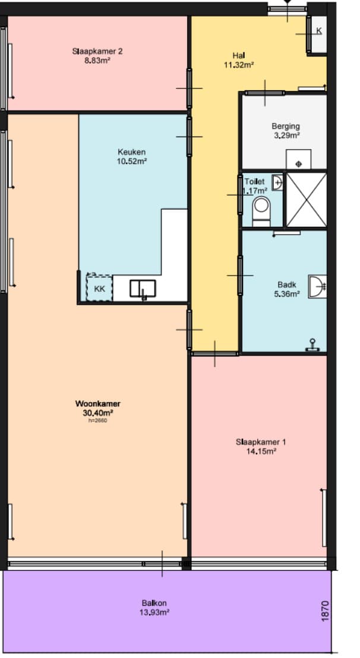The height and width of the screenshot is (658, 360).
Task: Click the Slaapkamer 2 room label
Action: click(97, 52)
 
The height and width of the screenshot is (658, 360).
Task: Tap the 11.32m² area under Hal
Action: click(239, 65)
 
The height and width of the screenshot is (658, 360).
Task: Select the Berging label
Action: click(286, 126)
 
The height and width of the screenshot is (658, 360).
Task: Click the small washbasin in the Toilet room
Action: click(277, 182)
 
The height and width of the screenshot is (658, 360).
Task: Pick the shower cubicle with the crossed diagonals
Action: click(307, 200)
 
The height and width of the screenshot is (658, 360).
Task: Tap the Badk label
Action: click(286, 284)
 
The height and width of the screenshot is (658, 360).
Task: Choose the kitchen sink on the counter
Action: click(143, 289)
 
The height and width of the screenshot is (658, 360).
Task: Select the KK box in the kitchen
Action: click(99, 288)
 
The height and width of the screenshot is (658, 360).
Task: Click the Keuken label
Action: click(132, 152)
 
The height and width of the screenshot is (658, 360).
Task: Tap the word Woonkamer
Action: click(98, 404)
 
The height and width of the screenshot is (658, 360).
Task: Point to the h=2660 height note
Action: click(98, 420)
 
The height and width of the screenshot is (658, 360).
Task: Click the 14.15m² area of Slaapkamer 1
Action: click(261, 451)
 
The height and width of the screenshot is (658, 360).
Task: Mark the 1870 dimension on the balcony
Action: click(325, 611)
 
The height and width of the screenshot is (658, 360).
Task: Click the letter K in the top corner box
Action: click(319, 31)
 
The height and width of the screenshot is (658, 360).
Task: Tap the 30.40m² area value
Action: click(98, 413)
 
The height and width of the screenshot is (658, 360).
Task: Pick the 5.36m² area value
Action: click(286, 294)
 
